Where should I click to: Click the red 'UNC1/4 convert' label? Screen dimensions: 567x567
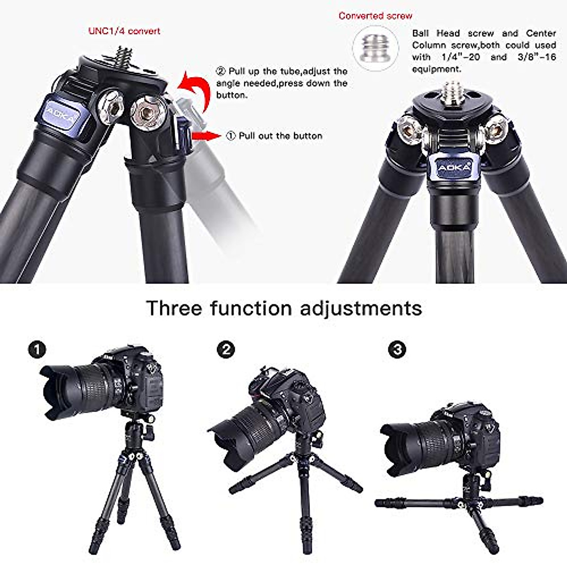[x=124, y=31]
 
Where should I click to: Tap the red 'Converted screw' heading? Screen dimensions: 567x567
[x=375, y=16]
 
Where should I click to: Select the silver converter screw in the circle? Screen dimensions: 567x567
[x=375, y=48]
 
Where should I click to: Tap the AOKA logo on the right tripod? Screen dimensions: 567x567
[x=454, y=168]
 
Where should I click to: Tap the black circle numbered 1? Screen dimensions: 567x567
[x=37, y=350]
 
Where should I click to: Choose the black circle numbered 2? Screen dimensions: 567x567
[x=226, y=350]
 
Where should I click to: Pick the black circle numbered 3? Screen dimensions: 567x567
[x=397, y=350]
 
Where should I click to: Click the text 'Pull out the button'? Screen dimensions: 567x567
[x=280, y=136]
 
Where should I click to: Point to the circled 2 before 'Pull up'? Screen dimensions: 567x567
[x=221, y=71]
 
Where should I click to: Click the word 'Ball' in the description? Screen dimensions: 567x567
[x=420, y=33]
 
